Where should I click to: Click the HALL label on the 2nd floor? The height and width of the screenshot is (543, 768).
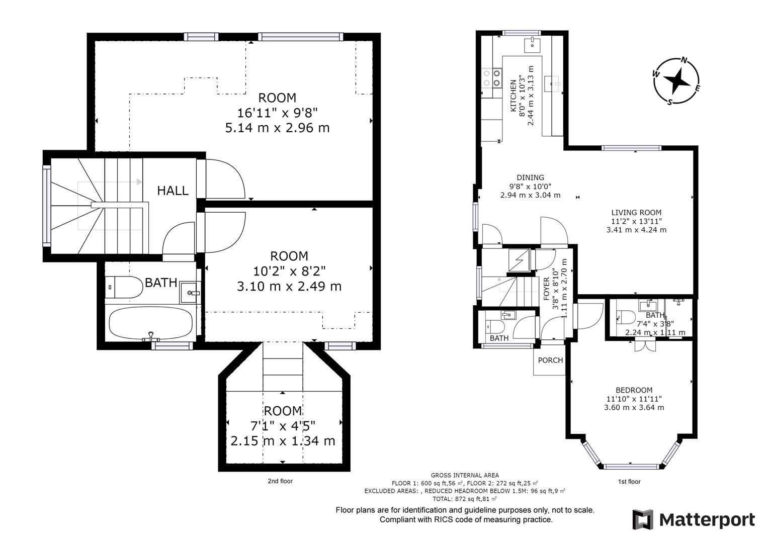pos(173,191)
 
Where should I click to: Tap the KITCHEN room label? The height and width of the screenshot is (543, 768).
pos(513,96)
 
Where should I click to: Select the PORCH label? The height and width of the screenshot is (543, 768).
pos(550,360)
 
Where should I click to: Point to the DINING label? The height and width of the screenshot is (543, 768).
pos(531,177)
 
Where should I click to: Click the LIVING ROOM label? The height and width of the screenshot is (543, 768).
pos(636,213)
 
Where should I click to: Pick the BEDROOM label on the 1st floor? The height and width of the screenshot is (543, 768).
pos(634,390)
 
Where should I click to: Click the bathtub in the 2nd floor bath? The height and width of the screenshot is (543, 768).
pos(150,323)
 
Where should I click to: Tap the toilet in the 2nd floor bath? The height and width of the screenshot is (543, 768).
pos(124,287)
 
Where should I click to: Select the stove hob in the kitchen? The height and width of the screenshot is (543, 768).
pos(492,78)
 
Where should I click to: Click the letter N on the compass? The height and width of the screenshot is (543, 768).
pos(684,61)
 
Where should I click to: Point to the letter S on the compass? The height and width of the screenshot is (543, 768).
pos(669,102)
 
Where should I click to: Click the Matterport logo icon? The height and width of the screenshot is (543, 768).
pos(642,520)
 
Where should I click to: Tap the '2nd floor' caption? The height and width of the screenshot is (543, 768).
pos(280,481)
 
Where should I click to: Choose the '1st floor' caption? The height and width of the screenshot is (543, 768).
pos(629,482)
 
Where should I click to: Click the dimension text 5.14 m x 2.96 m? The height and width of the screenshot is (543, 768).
pos(277,128)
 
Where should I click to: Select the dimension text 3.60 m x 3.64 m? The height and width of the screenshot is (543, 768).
pos(634,408)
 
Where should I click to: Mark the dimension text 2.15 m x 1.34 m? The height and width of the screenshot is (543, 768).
pos(283,441)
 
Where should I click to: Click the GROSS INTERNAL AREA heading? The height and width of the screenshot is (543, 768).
pos(465,476)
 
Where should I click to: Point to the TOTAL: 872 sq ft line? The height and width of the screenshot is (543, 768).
pos(465,499)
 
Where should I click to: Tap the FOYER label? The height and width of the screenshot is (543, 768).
pos(547,289)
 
